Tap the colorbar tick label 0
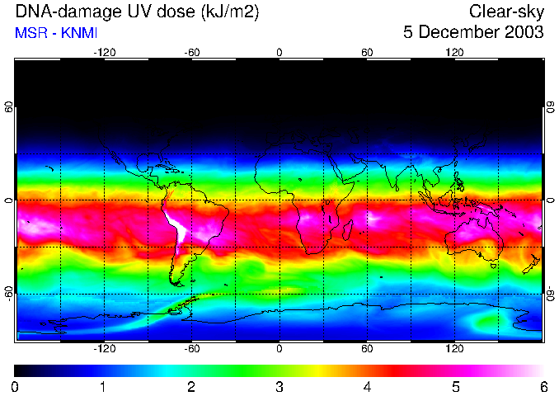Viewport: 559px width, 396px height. click(x=16, y=386)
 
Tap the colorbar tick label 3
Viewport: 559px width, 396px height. click(x=279, y=386)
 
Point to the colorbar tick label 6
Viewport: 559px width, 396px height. click(x=543, y=386)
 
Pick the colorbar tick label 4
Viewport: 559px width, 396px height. click(x=367, y=386)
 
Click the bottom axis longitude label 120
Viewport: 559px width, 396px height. click(x=454, y=348)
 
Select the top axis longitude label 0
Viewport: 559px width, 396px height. click(x=279, y=53)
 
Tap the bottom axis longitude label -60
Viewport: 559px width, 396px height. click(x=192, y=348)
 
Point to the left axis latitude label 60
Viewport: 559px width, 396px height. click(x=9, y=108)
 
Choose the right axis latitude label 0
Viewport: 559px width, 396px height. click(x=549, y=200)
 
